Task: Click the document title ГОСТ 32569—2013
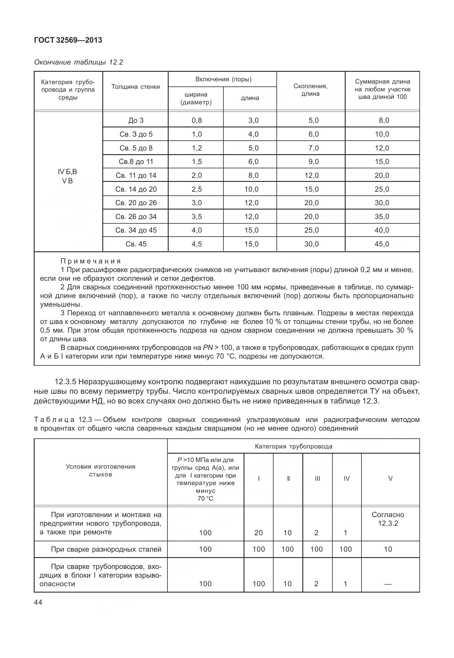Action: (68, 40)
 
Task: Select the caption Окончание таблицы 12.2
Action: (78, 62)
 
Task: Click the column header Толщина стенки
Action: (135, 87)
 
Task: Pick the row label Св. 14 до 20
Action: (136, 189)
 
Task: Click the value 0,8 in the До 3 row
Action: (197, 120)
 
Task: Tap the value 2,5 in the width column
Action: (197, 189)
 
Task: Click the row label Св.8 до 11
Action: (136, 162)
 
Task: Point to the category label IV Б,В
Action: (67, 172)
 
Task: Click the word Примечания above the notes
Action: (91, 261)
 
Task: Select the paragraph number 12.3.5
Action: (65, 382)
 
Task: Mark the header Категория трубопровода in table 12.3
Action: (293, 446)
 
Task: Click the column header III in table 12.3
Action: (317, 479)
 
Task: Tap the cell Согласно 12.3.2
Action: (388, 519)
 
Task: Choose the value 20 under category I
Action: (259, 533)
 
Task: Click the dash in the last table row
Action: (388, 584)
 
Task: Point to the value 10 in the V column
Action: (388, 549)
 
